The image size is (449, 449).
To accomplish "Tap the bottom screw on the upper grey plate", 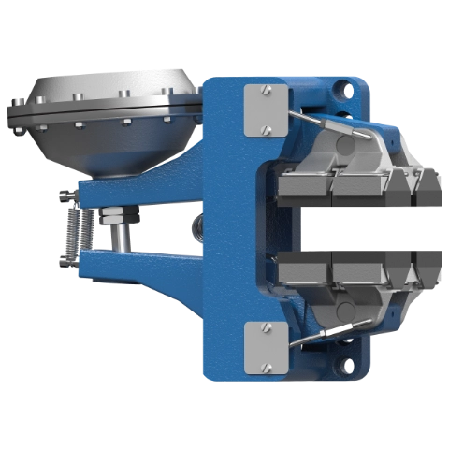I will pyautogui.click(x=266, y=130).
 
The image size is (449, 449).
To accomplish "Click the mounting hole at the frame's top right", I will pyautogui.click(x=346, y=92).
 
